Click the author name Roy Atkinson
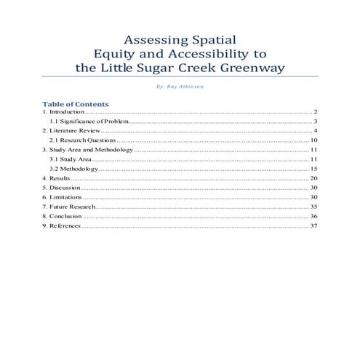point(183,87)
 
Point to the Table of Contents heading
point(76,104)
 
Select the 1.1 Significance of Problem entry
point(89,121)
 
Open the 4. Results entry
point(56,177)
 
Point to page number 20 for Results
point(314,177)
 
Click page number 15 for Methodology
point(314,168)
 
